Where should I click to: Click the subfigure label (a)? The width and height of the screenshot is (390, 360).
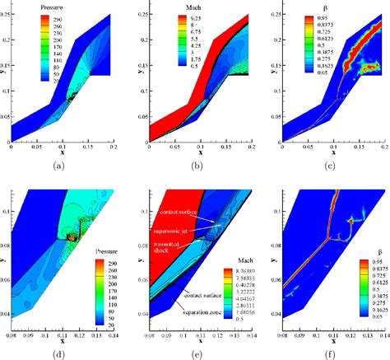pos(58,166)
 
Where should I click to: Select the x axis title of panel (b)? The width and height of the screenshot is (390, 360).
pos(193,152)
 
